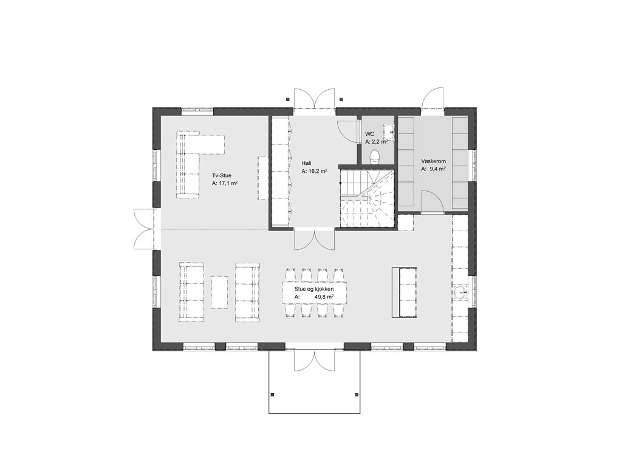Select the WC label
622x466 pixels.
pos(370,134)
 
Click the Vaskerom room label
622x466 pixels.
pos(434,161)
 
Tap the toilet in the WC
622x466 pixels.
pos(374,157)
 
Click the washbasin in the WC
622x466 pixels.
pos(388,131)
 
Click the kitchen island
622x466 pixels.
pos(404,292)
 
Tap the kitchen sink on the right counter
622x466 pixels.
pos(462,293)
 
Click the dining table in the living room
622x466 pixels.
pos(314,293)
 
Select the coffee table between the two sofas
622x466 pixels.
pos(219,292)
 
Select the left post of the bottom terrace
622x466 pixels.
pos(273,394)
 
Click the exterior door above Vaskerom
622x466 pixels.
pos(432,98)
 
